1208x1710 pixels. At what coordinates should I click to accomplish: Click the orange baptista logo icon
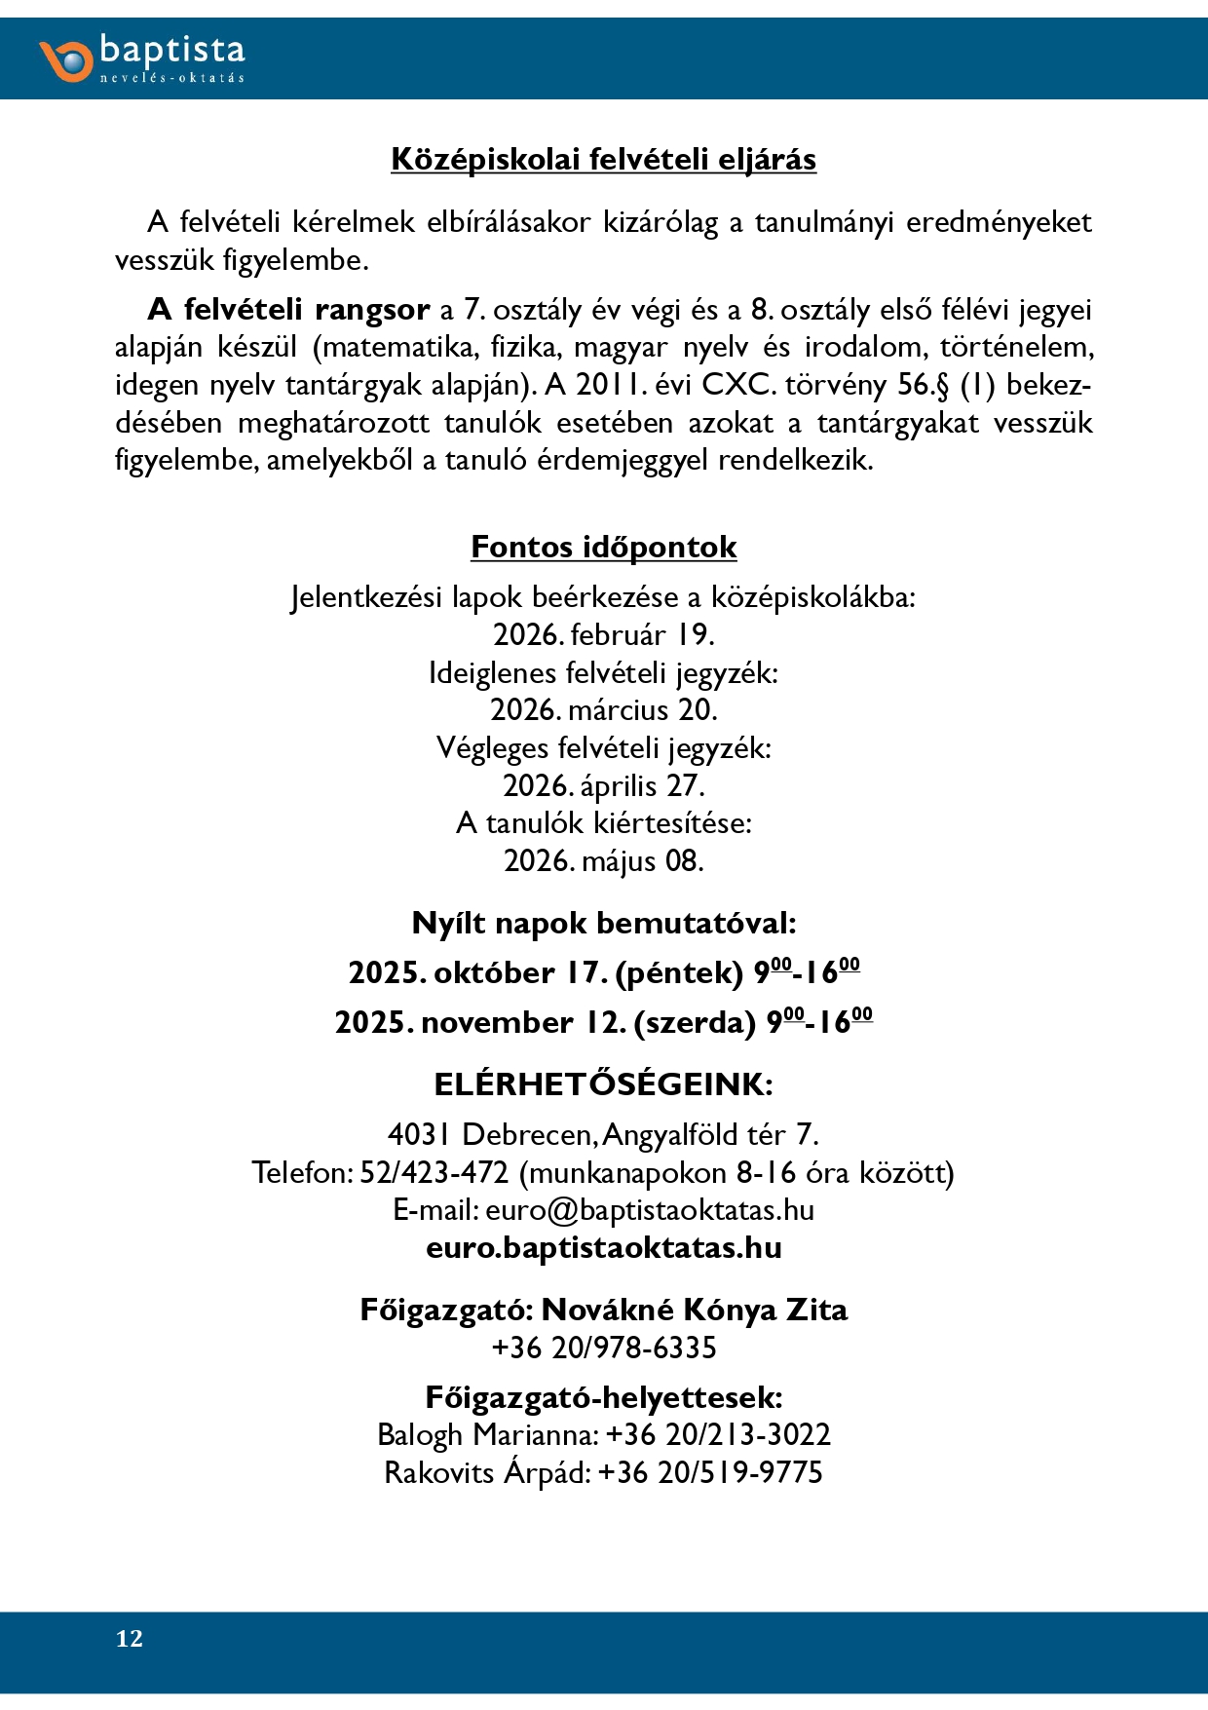point(66,59)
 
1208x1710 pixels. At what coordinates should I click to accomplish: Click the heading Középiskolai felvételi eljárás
point(603,159)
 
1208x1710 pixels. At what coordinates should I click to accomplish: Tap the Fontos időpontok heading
point(603,547)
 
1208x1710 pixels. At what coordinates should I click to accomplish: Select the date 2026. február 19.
point(603,634)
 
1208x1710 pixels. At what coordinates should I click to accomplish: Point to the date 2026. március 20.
point(603,709)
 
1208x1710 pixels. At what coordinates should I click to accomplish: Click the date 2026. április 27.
point(603,785)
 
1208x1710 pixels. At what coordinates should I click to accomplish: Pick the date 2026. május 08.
point(603,860)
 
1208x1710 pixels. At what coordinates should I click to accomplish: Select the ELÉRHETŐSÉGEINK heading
point(603,1084)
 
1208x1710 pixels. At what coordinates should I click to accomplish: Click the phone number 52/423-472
point(434,1172)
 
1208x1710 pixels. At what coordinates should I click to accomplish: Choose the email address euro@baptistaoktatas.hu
point(650,1210)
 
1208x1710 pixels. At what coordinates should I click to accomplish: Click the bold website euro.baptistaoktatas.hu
point(603,1248)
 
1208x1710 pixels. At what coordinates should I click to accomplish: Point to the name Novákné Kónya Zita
point(694,1310)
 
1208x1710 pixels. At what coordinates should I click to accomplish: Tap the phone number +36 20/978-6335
point(603,1348)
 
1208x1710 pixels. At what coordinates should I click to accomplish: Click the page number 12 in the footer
point(130,1639)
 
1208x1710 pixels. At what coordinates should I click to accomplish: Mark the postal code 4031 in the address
point(419,1134)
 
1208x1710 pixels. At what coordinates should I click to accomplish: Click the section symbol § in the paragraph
point(942,385)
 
